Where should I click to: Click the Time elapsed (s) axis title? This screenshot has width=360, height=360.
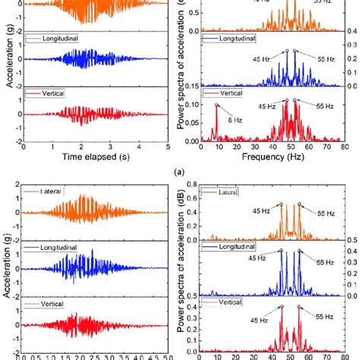[x=96, y=159]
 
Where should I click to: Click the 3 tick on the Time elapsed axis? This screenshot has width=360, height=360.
[x=109, y=148]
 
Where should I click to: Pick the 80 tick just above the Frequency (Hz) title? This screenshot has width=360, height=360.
[x=340, y=148]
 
